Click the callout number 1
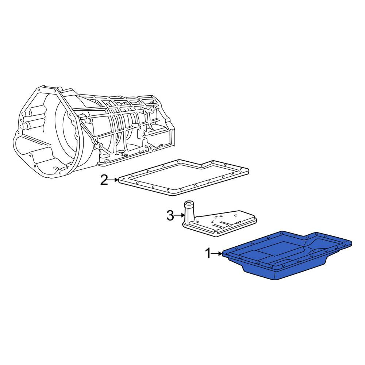[208, 253]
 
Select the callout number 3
[170, 215]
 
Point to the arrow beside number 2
[114, 180]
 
